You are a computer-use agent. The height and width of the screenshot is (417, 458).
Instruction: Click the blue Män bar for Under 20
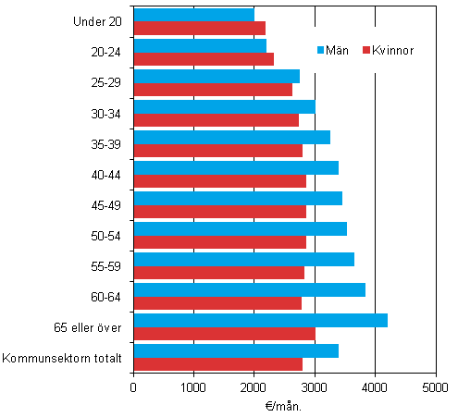point(193,15)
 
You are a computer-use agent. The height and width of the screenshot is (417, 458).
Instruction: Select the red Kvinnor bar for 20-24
point(204,59)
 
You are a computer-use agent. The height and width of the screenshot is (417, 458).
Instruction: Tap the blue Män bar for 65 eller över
point(260,320)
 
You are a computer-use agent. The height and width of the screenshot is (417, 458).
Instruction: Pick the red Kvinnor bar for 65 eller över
point(224,334)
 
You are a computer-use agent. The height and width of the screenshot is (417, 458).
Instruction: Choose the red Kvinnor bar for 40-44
point(219,181)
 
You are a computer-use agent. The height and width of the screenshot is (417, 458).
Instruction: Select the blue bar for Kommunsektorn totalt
point(236,350)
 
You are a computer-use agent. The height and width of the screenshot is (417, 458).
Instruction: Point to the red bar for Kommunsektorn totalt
point(217,364)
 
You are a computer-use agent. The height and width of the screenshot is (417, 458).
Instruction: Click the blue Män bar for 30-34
point(224,106)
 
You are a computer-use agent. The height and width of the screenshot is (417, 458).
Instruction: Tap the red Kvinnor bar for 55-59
point(218,273)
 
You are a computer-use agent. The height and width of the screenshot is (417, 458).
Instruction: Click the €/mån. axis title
point(283,405)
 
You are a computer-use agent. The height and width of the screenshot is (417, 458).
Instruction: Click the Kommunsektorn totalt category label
point(64,358)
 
